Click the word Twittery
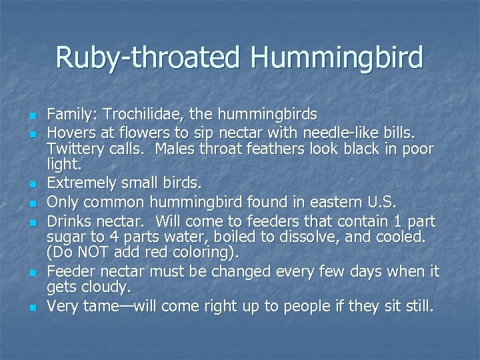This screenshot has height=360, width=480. click(x=75, y=149)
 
